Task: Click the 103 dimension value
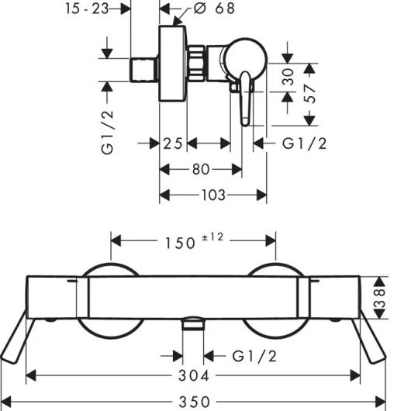tap(213, 195)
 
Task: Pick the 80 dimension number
tap(199, 169)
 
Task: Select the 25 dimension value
tap(173, 144)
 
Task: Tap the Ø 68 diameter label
tap(204, 9)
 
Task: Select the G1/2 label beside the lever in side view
tap(303, 144)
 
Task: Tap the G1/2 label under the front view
tap(257, 356)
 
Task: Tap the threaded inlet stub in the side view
tap(143, 66)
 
